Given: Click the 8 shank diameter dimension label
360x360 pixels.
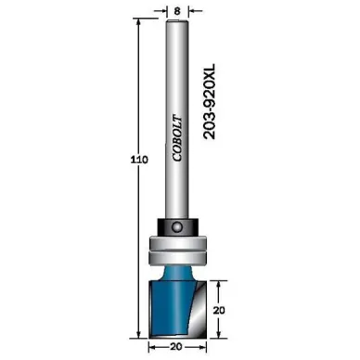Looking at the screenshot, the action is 177,11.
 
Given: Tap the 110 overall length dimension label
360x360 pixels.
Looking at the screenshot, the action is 139,160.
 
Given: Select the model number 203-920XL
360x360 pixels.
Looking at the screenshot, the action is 210,101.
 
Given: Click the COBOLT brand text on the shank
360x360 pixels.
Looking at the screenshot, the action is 177,138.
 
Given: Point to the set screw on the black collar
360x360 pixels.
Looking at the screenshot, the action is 177,226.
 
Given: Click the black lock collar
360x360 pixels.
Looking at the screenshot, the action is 177,227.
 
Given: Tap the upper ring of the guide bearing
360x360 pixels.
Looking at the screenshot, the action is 177,242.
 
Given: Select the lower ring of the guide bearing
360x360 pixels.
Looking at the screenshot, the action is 177,257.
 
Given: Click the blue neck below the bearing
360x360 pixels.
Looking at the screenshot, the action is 177,273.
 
